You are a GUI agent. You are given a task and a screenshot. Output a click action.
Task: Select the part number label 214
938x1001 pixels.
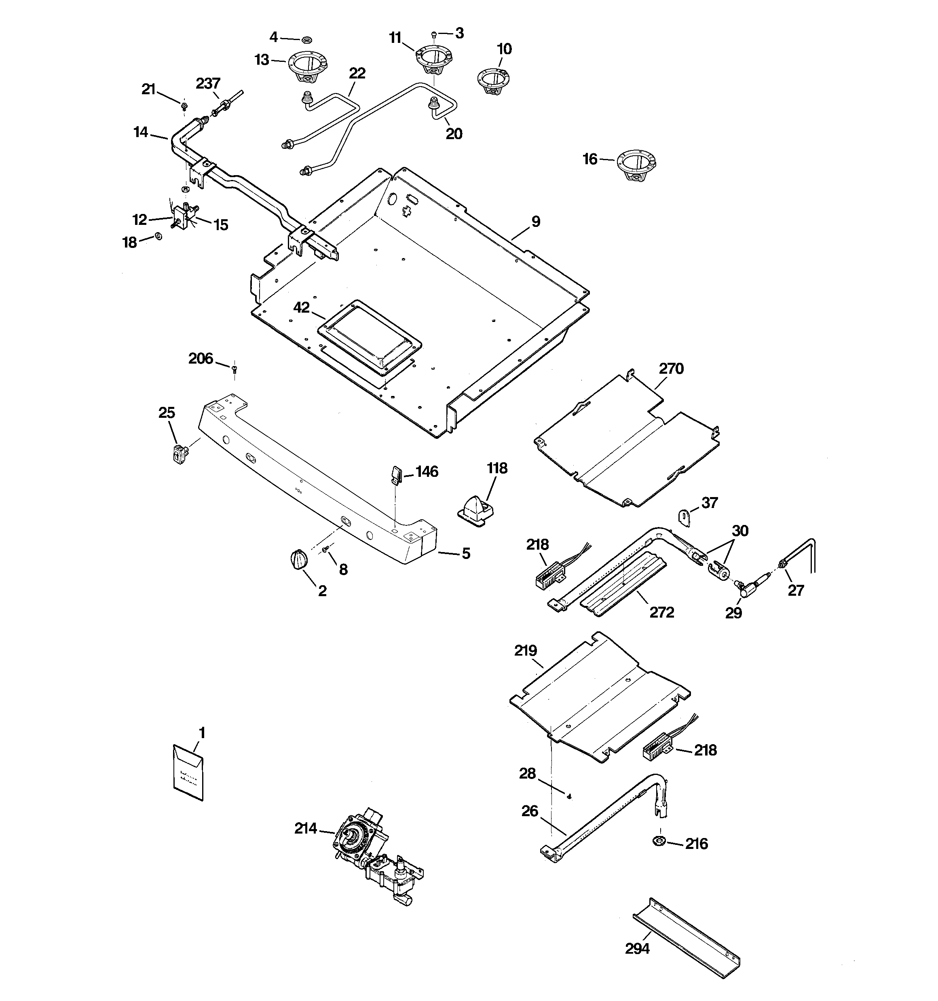tap(306, 828)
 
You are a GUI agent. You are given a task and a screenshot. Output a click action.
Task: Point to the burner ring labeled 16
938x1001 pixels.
tap(636, 165)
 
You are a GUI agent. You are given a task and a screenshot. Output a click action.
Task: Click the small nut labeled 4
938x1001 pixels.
tap(306, 39)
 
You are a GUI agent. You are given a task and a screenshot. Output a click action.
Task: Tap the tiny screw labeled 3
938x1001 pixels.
tap(434, 35)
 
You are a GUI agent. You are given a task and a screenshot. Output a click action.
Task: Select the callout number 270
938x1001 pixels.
tap(671, 368)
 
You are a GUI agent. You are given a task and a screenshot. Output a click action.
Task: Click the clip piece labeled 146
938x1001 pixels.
tap(396, 474)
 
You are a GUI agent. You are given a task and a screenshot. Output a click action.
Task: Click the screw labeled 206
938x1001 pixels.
tap(234, 369)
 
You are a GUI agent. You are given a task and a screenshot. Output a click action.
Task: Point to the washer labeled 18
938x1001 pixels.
tap(158, 236)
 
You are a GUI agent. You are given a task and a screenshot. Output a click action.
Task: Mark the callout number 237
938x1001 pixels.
tap(208, 83)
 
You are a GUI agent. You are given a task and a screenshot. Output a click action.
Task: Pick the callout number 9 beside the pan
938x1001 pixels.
tap(536, 222)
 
